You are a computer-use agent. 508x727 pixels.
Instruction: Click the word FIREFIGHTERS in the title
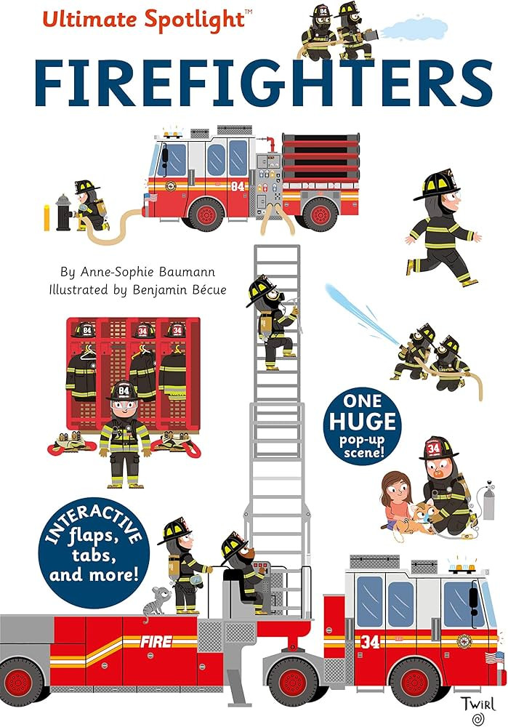pos(254,85)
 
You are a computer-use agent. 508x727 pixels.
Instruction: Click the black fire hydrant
pos(64,212)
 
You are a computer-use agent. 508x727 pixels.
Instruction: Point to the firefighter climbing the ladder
pos(273,320)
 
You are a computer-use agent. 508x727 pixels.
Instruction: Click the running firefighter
pos(441,225)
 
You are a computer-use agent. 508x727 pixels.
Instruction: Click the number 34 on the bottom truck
pos(370,641)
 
